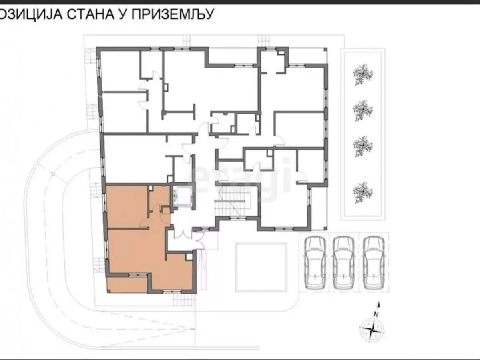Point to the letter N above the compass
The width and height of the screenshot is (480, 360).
pyautogui.click(x=376, y=314)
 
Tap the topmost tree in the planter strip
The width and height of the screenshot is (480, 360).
pyautogui.click(x=363, y=74)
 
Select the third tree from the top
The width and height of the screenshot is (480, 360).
pyautogui.click(x=363, y=146)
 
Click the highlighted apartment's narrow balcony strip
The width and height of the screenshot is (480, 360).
pyautogui.click(x=127, y=285)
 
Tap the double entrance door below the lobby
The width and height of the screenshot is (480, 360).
pyautogui.click(x=181, y=234)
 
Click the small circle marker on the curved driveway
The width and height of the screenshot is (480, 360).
pyautogui.click(x=52, y=173)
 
